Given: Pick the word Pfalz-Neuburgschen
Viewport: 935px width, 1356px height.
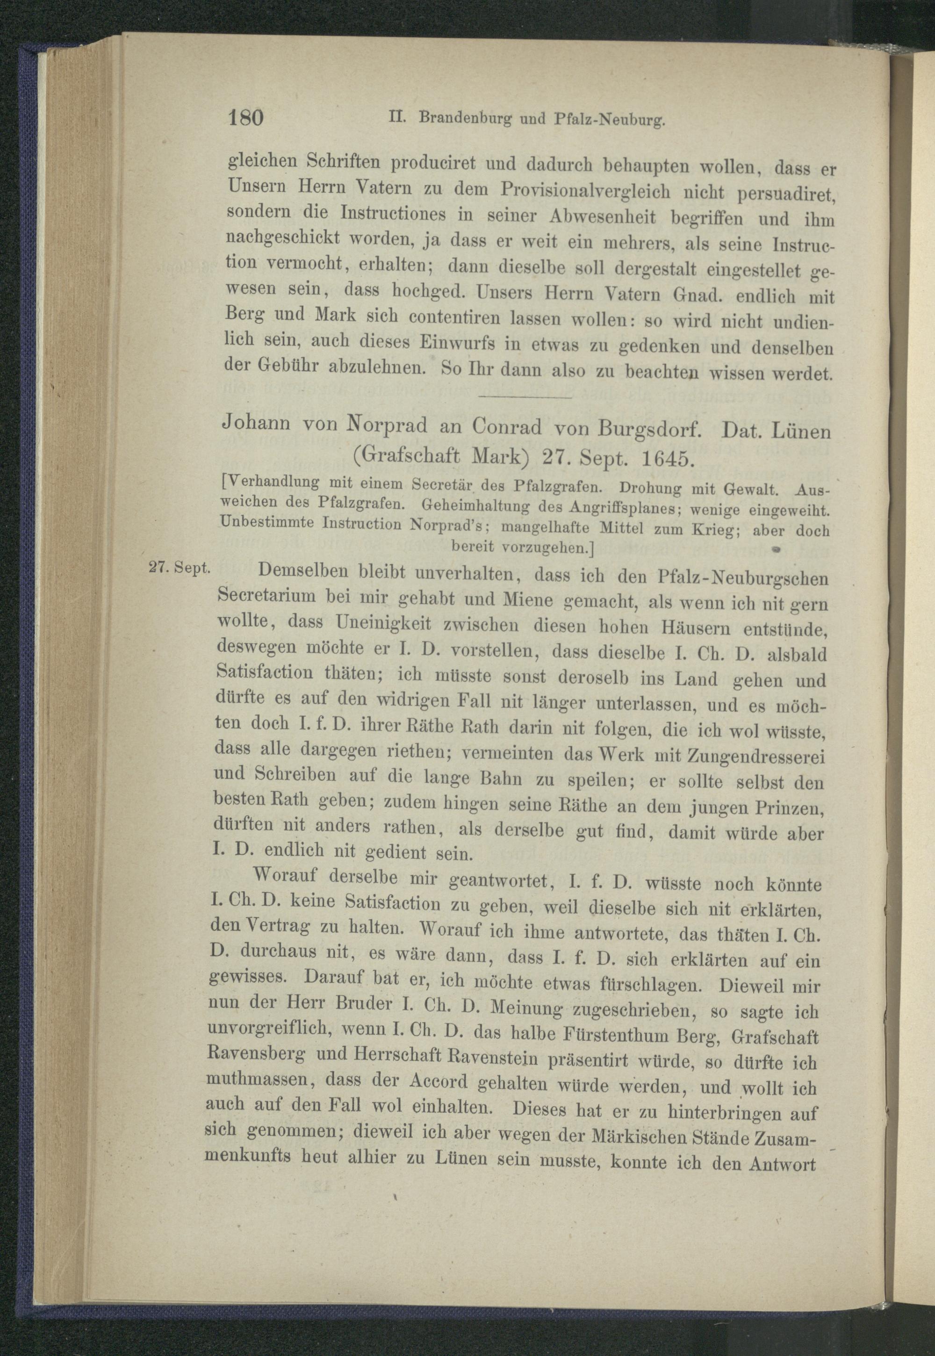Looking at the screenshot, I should coord(760,579).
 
